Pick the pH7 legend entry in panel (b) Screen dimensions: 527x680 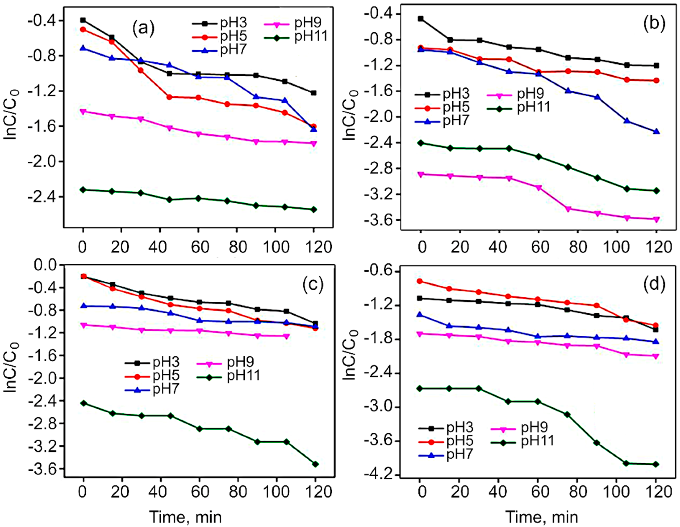point(455,120)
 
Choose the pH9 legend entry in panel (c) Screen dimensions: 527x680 point(240,362)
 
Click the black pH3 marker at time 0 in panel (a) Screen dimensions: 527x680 point(83,20)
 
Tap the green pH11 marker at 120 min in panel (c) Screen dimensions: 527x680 point(315,464)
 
